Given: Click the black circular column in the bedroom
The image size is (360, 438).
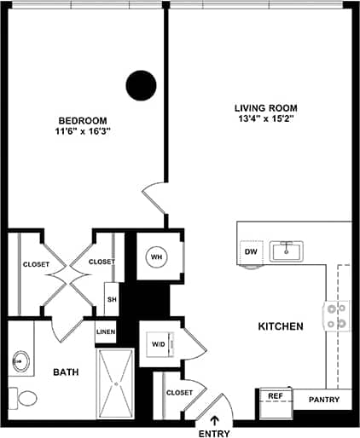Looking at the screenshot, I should click(x=142, y=84).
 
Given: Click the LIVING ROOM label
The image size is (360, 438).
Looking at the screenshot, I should click(x=265, y=108).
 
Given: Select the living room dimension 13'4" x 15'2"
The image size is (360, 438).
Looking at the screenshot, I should click(x=265, y=121).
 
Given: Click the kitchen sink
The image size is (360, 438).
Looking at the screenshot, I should click(x=288, y=251).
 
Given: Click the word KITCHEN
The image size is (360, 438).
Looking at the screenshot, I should click(x=282, y=326).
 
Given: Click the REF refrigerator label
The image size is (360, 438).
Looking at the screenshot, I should click(x=275, y=396).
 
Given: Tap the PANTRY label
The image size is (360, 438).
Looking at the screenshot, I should click(x=324, y=400).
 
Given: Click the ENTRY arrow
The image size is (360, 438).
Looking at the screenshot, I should click(x=213, y=419).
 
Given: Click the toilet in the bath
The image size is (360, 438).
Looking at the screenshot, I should click(x=24, y=396).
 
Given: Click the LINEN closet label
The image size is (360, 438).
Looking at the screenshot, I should click(x=106, y=331).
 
